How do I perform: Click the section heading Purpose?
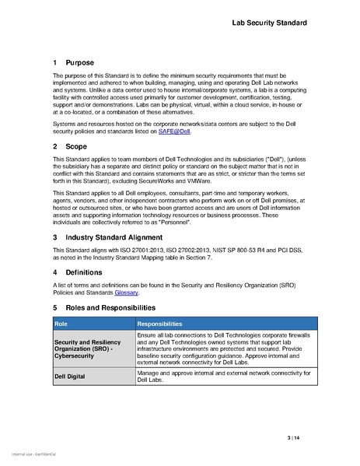coord(79,62)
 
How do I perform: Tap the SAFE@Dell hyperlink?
coord(175,132)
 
